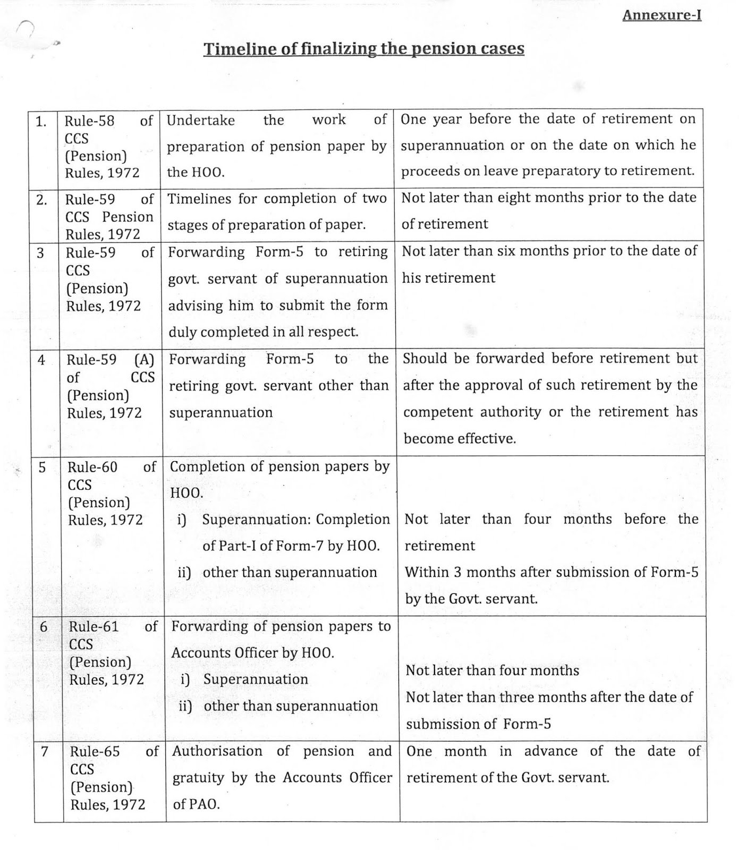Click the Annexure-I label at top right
click(661, 15)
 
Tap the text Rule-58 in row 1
click(89, 121)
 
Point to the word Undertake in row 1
click(201, 120)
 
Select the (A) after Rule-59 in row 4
click(144, 360)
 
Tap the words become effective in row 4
click(460, 439)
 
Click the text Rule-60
click(92, 467)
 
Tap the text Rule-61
click(94, 627)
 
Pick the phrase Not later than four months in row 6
click(492, 670)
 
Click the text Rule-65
click(95, 752)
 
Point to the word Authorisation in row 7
click(217, 751)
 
